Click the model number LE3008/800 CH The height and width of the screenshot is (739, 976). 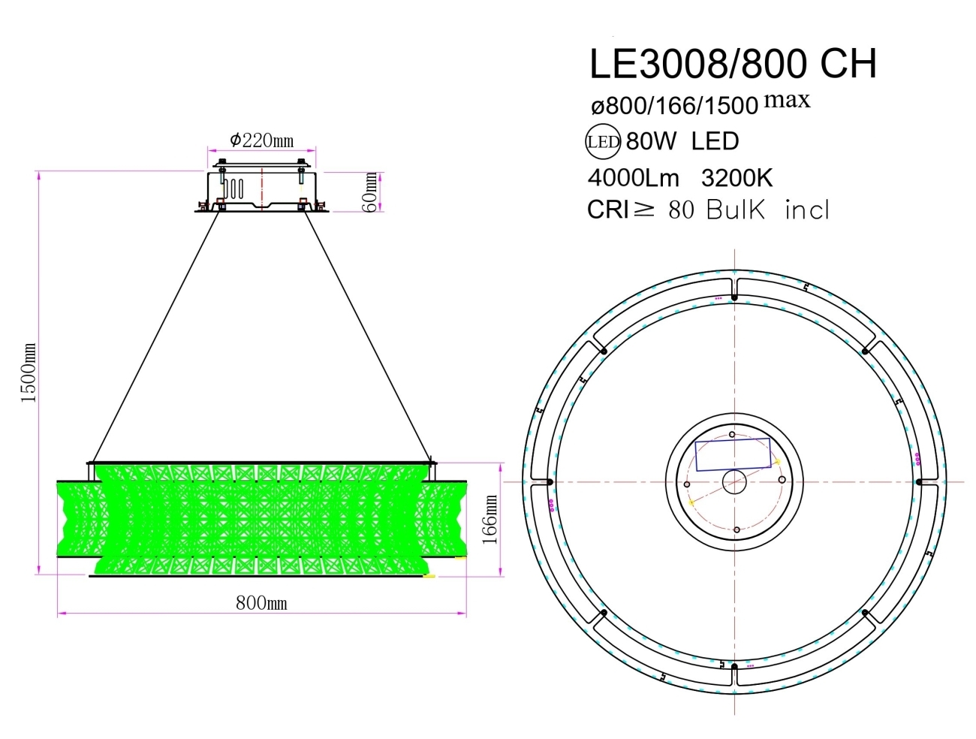point(732,64)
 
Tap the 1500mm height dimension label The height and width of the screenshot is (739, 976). point(29,373)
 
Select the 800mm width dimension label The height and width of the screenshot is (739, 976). point(261,603)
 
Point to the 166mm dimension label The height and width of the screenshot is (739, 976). point(490,519)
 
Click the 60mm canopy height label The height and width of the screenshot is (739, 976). point(370,192)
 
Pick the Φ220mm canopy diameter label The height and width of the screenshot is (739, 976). point(261,140)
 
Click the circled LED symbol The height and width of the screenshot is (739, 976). point(603,141)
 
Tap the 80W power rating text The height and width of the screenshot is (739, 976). point(651,141)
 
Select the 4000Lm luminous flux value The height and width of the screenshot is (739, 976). point(633,178)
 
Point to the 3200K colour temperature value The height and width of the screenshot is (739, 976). point(737,178)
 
